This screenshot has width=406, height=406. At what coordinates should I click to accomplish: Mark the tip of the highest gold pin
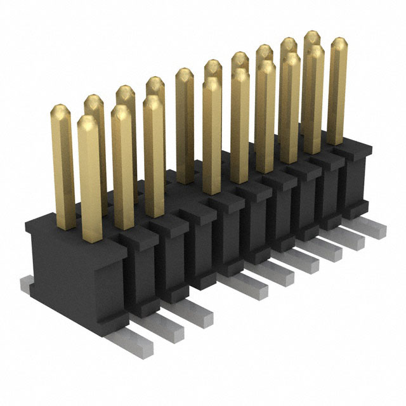(x=312, y=37)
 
